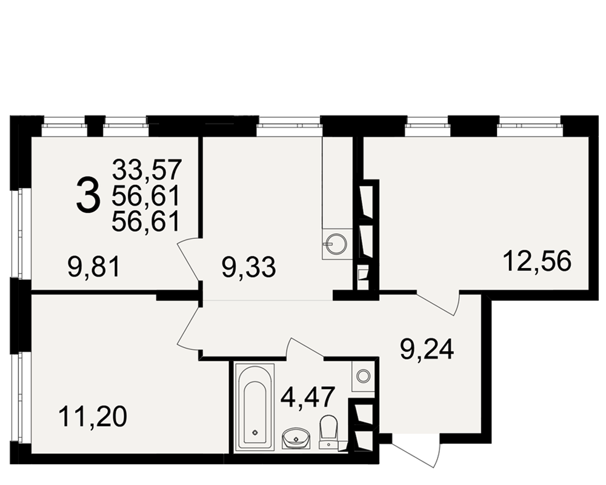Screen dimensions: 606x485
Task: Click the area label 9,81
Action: click(95, 267)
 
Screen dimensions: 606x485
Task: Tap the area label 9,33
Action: click(249, 267)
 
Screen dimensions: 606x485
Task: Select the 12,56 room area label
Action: click(537, 261)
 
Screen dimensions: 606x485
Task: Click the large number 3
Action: click(88, 194)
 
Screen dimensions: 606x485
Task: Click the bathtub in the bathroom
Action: click(255, 407)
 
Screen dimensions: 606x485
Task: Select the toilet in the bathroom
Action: click(328, 432)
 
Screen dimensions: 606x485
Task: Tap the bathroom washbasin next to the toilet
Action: click(296, 438)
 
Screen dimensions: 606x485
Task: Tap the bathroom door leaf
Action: click(306, 347)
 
